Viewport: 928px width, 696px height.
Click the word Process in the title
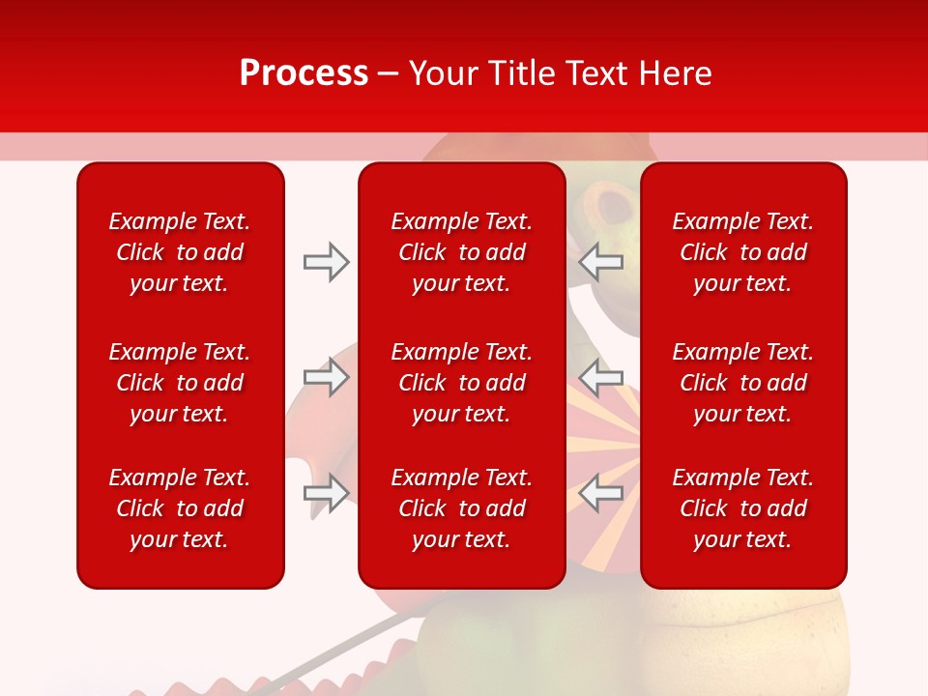click(x=304, y=73)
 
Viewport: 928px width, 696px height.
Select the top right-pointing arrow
click(x=326, y=262)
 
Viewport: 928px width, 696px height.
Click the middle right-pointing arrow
click(x=326, y=377)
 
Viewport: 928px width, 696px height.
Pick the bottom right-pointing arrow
click(x=326, y=493)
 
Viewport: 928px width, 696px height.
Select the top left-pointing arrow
click(x=601, y=261)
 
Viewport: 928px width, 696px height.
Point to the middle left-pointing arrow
click(x=601, y=377)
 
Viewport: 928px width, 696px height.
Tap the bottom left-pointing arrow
click(x=601, y=493)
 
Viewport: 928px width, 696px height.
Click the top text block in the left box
click(x=180, y=252)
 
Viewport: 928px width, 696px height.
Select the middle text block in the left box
click(x=180, y=383)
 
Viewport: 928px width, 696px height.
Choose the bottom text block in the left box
click(x=180, y=508)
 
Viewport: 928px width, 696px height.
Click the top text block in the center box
click(x=461, y=252)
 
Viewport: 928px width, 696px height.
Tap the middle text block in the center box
click(x=461, y=383)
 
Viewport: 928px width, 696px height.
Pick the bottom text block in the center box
click(x=461, y=508)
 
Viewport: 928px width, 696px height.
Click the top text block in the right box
click(x=742, y=252)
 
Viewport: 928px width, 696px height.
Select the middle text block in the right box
click(x=742, y=383)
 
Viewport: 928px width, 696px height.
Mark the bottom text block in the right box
click(x=742, y=508)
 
